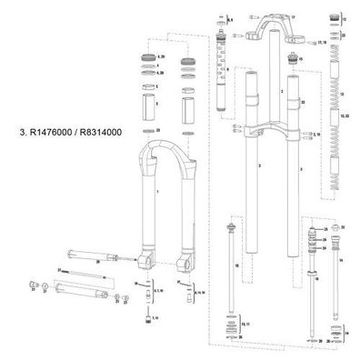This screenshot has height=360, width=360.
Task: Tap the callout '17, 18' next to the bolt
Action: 319,43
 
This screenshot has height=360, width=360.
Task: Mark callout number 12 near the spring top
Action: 343,17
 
